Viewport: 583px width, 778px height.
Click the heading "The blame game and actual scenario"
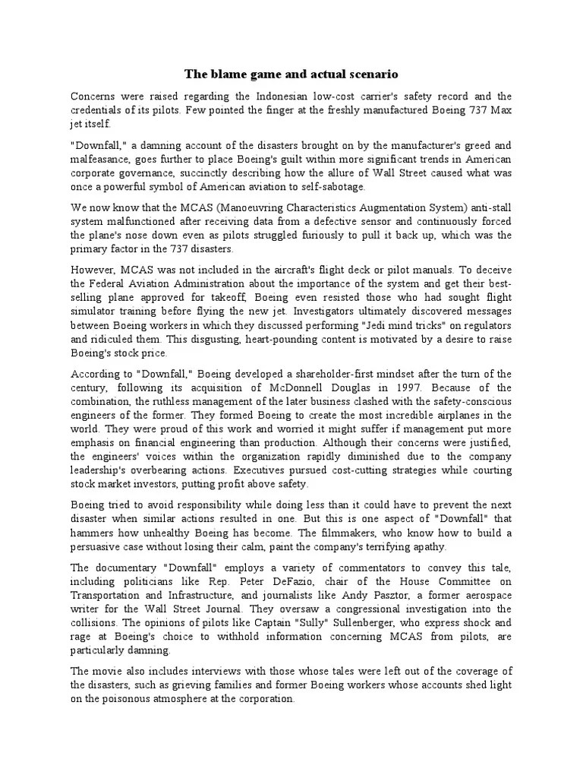pos(291,74)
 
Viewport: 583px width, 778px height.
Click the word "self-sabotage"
pos(329,186)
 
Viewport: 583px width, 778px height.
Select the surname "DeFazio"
pos(276,582)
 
